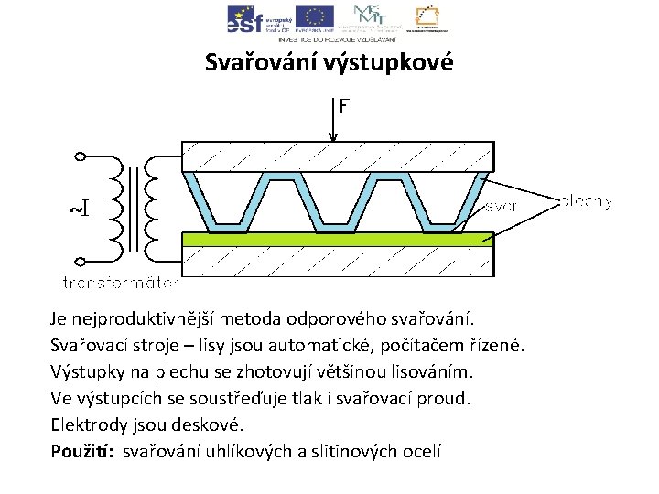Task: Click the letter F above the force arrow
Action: click(343, 106)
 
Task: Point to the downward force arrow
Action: click(334, 123)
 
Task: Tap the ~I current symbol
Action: click(80, 208)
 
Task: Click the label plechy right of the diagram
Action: click(585, 201)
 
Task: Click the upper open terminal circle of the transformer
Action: click(80, 156)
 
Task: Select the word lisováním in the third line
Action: click(435, 372)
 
